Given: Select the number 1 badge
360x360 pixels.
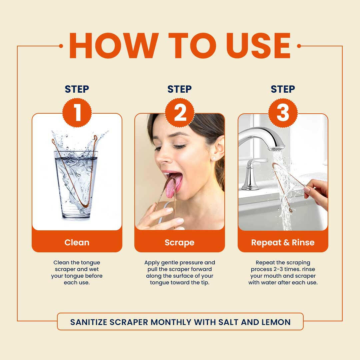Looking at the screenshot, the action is click(77, 113).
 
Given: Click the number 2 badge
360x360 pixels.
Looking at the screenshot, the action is click(180, 113).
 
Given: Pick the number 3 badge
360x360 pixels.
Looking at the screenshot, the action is click(283, 113).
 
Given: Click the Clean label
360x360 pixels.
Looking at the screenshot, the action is click(77, 242).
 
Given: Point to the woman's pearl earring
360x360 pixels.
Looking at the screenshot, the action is click(214, 158).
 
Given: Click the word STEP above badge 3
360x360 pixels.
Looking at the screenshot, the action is click(283, 89).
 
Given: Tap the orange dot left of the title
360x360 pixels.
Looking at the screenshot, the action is click(61, 46).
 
